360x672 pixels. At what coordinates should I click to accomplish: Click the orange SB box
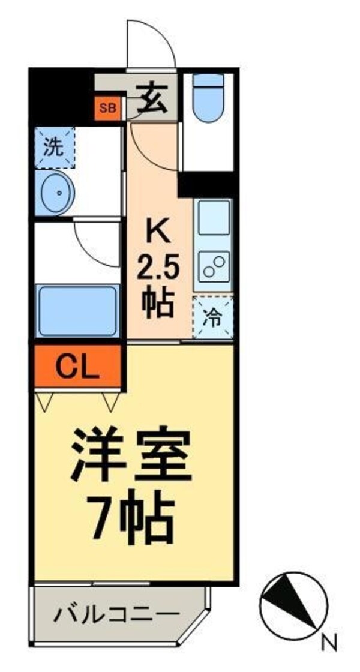tap(109, 109)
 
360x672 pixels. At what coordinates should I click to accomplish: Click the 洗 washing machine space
tap(55, 148)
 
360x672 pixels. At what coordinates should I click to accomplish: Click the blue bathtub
tap(76, 311)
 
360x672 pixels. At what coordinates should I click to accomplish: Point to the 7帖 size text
tap(133, 516)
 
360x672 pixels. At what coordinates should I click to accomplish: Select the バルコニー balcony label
tap(118, 615)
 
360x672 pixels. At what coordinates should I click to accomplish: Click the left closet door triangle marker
tap(44, 401)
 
